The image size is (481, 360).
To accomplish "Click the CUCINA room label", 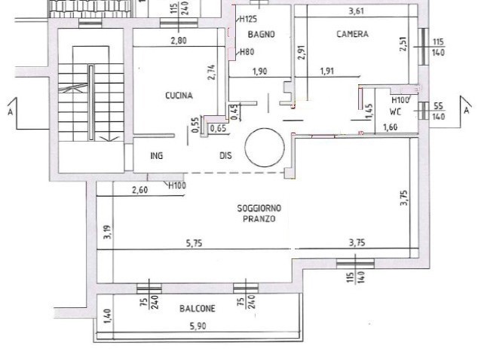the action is click(179, 96).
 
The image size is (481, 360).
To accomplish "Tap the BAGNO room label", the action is click(262, 35).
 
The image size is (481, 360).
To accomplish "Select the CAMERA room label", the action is click(353, 34).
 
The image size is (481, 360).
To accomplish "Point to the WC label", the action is click(395, 111).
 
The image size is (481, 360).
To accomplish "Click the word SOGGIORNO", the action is click(259, 209).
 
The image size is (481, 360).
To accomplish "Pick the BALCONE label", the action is click(198, 308).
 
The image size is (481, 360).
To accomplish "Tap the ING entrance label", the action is click(157, 156).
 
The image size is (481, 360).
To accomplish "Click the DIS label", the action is click(225, 156).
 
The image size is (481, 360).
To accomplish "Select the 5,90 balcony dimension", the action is click(198, 326).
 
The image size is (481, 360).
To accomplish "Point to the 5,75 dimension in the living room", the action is click(195, 243).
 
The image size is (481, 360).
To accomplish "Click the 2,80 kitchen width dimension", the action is click(178, 41).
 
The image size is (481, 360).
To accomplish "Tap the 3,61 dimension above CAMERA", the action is click(356, 11).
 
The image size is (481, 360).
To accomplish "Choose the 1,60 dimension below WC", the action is click(391, 127).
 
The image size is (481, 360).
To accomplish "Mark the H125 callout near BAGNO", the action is click(248, 20).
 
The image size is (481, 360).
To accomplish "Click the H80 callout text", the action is click(247, 52).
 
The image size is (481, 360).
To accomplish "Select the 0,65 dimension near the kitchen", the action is click(218, 128).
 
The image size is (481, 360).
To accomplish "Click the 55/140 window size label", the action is click(438, 111).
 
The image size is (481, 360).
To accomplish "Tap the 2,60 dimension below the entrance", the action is click(140, 190).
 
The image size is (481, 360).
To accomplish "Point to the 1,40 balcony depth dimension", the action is click(107, 316).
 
